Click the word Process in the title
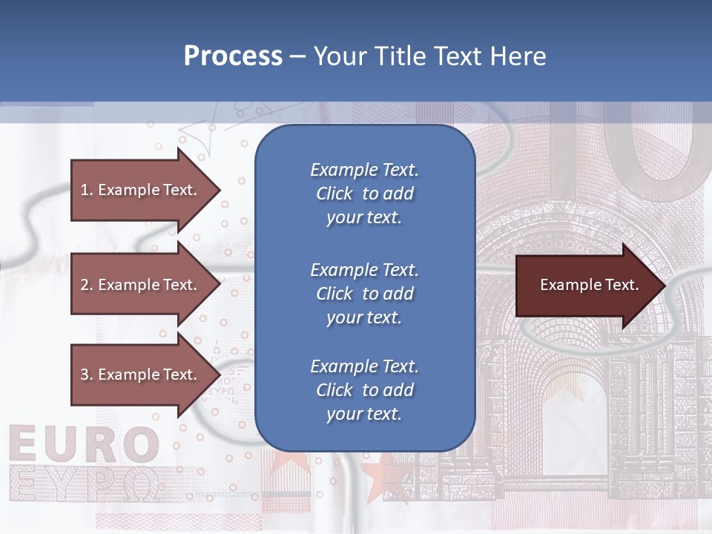233,56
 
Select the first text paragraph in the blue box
364,194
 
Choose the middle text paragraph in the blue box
364,294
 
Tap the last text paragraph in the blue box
364,390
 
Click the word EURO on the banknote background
85,445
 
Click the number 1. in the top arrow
87,190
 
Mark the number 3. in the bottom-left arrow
87,375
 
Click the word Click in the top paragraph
334,194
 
